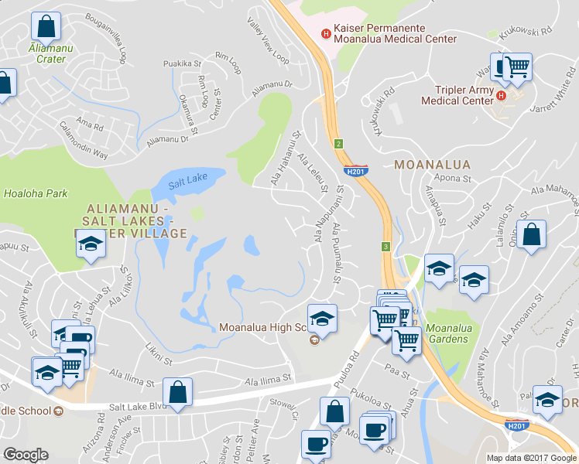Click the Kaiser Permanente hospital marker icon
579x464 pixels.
326,34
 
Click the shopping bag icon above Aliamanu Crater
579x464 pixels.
46,27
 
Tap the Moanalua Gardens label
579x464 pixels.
447,333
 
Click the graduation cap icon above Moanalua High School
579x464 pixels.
322,317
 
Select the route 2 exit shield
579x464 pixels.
339,144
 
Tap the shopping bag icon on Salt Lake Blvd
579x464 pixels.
178,391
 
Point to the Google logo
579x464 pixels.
26,455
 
